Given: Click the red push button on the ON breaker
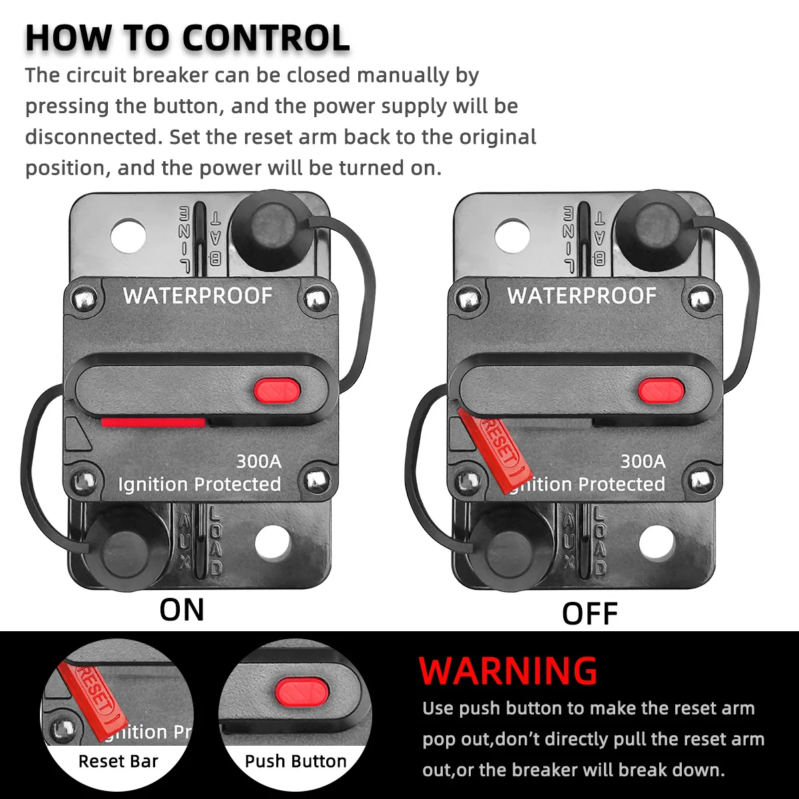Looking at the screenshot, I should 276,390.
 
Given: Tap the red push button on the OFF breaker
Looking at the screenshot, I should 661,390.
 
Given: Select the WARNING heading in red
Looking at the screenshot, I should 509,671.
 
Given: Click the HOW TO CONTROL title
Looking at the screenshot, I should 188,38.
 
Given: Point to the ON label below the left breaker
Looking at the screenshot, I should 182,610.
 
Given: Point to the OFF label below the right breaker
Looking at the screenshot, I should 590,613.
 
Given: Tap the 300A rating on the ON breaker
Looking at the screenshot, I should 259,461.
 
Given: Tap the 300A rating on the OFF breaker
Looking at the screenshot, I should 643,461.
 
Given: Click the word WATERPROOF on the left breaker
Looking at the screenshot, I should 198,296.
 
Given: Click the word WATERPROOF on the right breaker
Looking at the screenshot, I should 582,296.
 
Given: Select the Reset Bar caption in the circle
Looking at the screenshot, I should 118,761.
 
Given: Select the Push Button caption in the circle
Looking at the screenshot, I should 296,761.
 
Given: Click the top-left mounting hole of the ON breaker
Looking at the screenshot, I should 129,236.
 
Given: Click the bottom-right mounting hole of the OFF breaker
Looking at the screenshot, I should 657,542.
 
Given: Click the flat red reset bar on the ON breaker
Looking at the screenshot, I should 153,422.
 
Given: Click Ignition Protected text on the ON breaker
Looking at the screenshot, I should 199,484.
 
